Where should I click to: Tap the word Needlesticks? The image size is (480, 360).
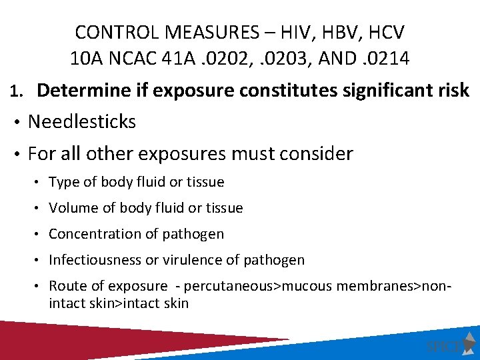pyautogui.click(x=82, y=121)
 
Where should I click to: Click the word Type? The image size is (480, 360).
pyautogui.click(x=63, y=182)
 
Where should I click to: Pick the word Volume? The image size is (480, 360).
pyautogui.click(x=70, y=208)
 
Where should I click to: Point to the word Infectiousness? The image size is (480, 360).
pyautogui.click(x=91, y=260)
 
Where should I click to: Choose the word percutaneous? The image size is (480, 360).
pyautogui.click(x=226, y=286)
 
